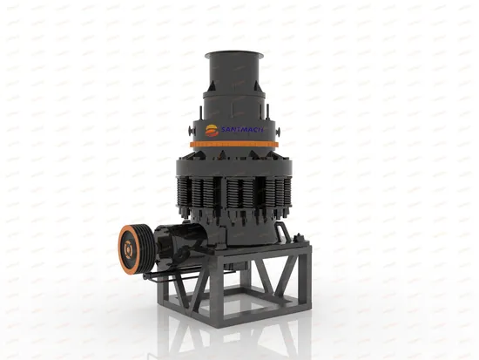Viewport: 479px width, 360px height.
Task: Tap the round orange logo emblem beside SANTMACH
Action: pyautogui.click(x=215, y=128)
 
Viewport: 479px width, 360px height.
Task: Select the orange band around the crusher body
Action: pyautogui.click(x=235, y=141)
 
